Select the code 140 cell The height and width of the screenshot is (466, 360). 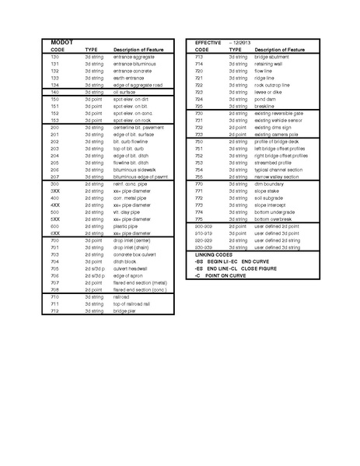(x=54, y=92)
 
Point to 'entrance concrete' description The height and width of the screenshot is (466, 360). (x=136, y=71)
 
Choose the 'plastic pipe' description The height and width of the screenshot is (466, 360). (x=130, y=226)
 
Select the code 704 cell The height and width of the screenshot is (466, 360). (x=54, y=261)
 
